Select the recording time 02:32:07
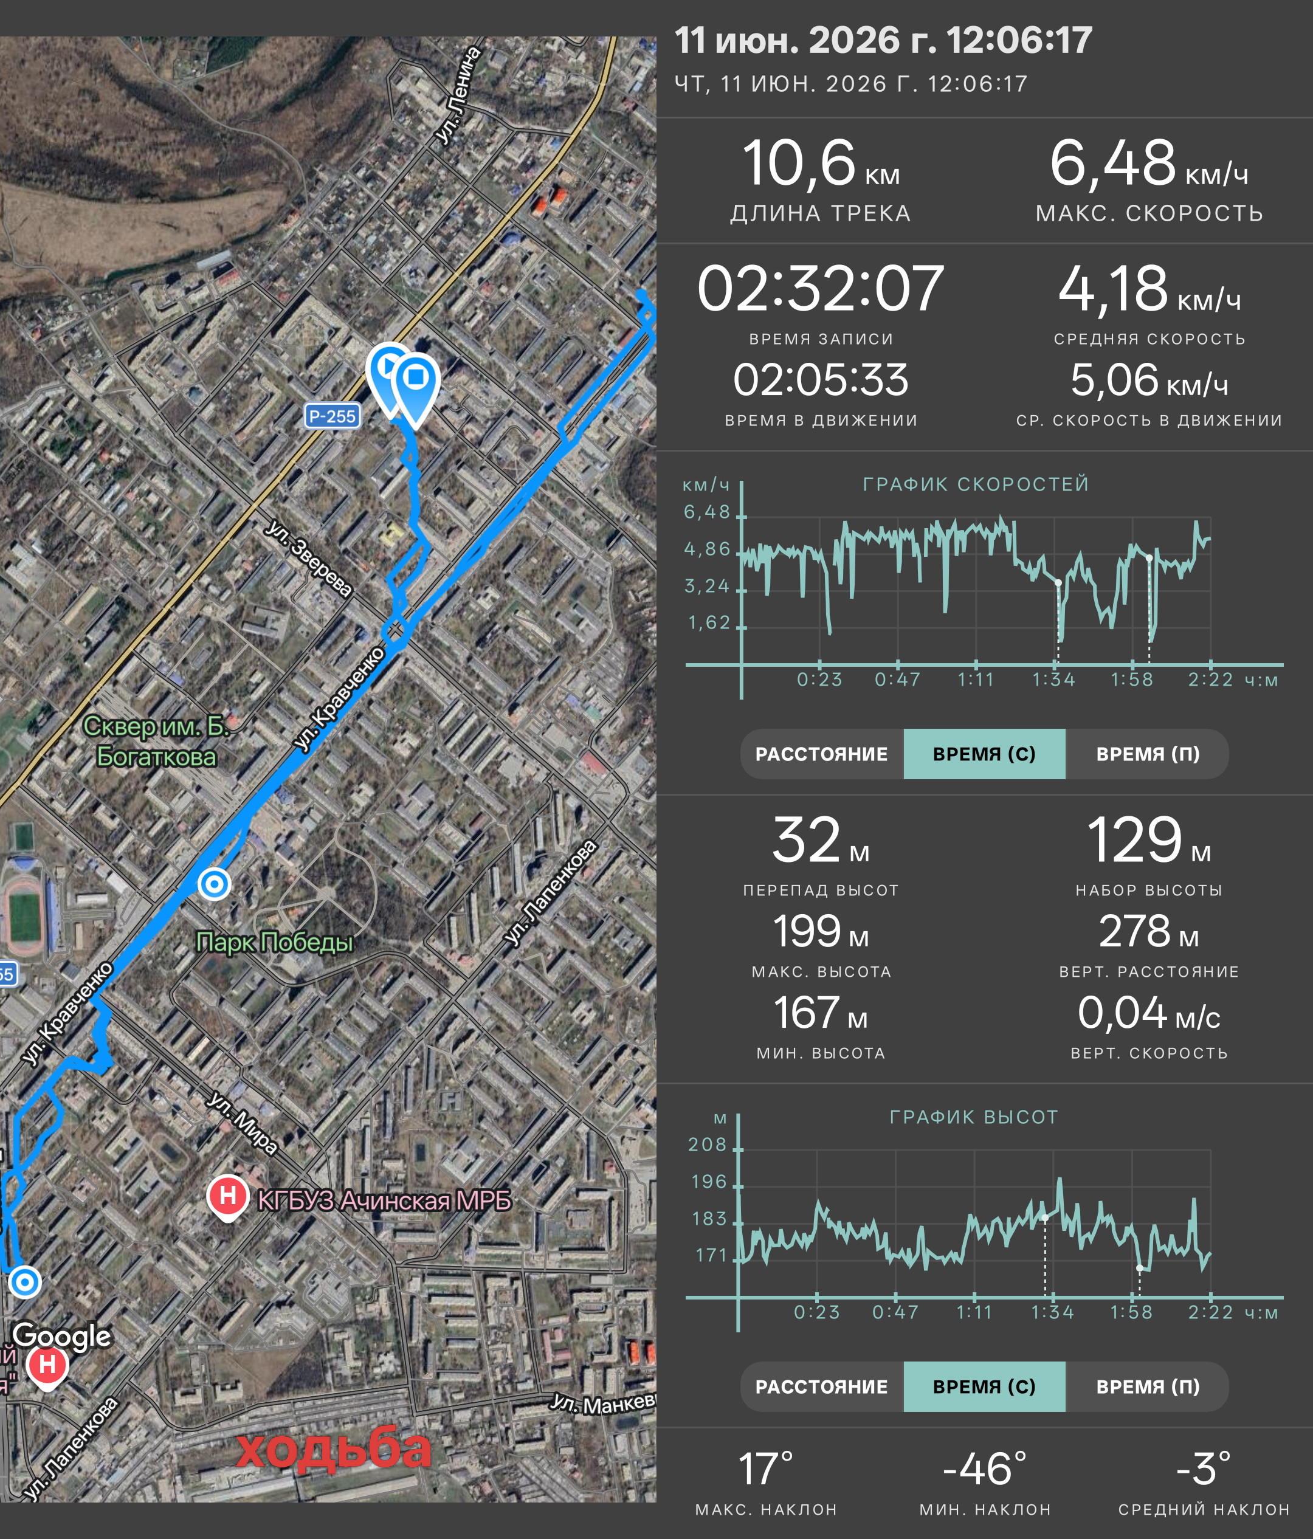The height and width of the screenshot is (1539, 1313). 821,288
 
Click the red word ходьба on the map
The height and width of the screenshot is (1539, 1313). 334,1449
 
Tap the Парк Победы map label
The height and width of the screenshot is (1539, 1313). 274,942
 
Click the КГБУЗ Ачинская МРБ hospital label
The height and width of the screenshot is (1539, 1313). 384,1200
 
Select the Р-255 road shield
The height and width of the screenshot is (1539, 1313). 333,416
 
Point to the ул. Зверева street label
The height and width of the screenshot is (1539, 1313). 309,559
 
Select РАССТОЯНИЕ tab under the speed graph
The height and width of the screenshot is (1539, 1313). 821,754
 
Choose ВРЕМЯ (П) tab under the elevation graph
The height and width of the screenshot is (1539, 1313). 1148,1386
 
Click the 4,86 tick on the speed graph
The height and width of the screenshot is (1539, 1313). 707,549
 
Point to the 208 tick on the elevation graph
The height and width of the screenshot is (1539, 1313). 707,1145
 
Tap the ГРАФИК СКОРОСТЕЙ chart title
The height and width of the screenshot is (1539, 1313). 976,484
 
